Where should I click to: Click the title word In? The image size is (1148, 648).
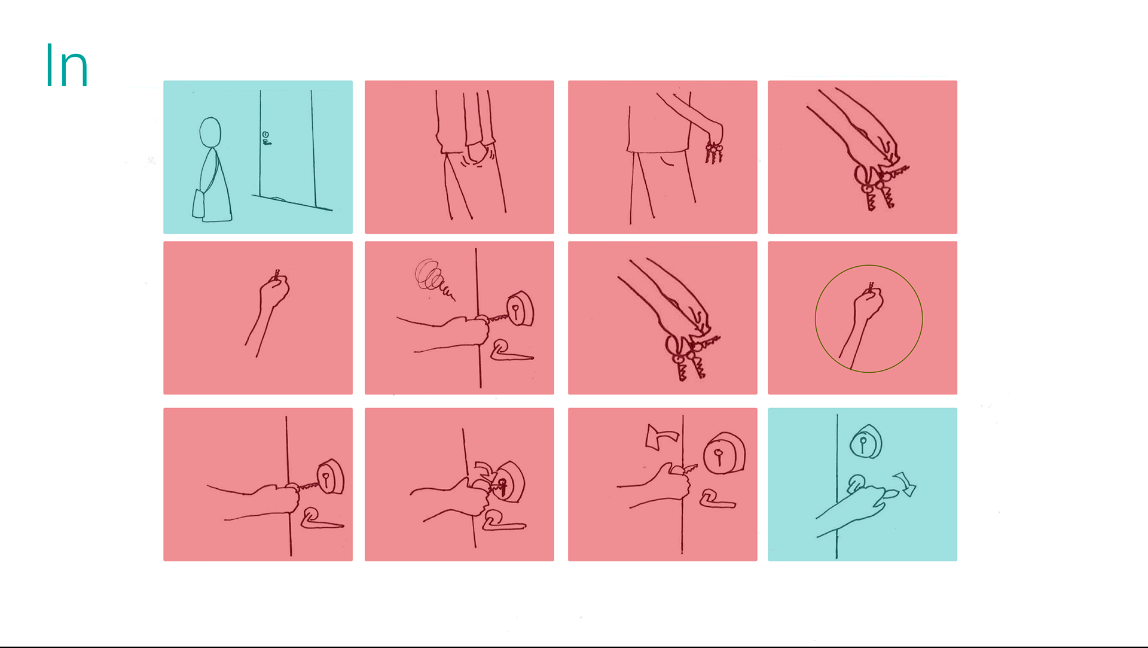pos(66,66)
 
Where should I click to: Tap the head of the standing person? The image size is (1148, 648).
pos(210,132)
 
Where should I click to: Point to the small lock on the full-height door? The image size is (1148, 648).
pos(265,138)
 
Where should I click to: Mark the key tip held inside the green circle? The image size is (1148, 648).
pos(871,286)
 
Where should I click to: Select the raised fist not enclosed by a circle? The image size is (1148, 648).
pos(274,291)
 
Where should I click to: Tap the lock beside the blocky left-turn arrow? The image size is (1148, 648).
pos(723,454)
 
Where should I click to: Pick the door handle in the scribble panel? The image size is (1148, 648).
pos(508,351)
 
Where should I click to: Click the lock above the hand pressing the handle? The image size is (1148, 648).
pos(865,443)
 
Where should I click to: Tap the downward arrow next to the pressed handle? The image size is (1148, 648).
pos(905,484)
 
